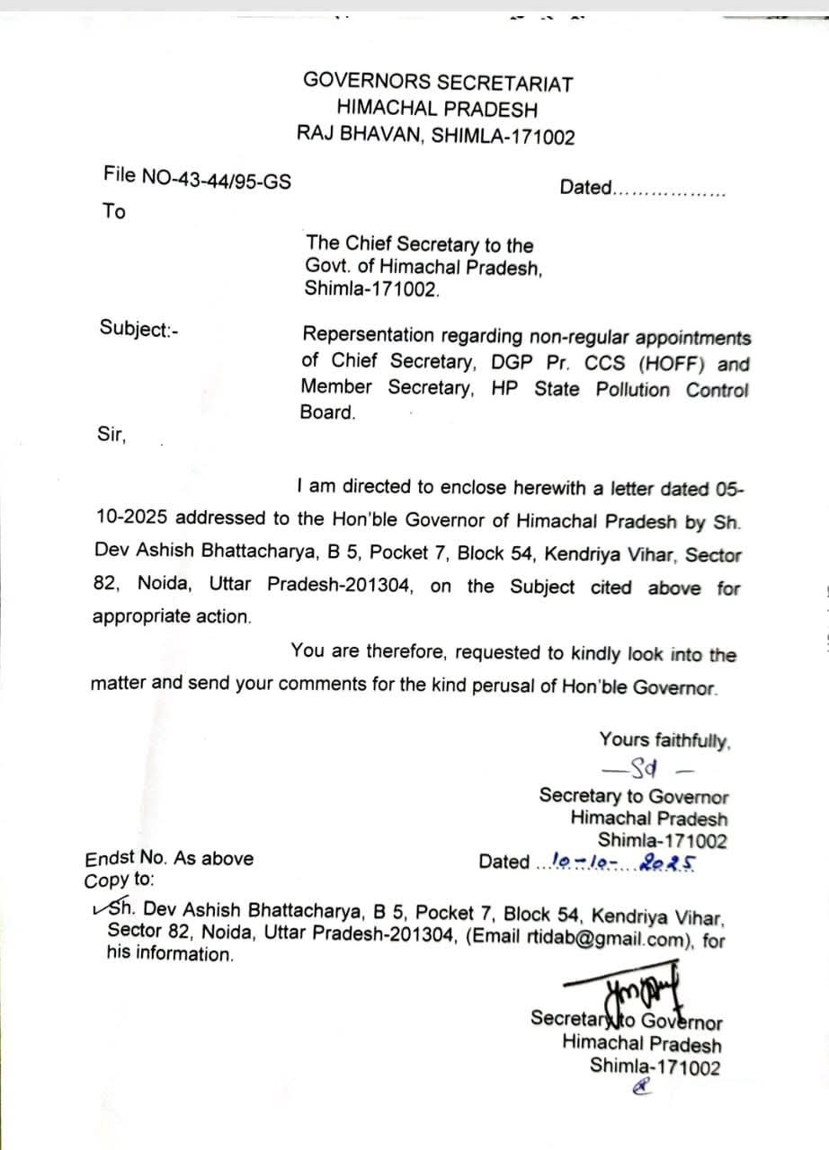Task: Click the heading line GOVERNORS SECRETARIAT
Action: click(438, 82)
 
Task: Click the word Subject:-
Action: click(138, 329)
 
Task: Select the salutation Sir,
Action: click(112, 435)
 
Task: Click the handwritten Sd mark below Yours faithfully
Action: click(646, 768)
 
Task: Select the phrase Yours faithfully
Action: click(664, 740)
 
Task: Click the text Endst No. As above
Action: click(169, 859)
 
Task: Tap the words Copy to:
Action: click(120, 880)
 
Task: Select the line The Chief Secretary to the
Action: click(419, 244)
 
